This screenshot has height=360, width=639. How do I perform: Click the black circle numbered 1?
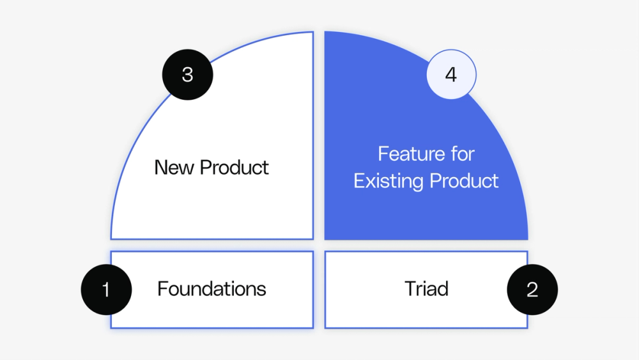(106, 289)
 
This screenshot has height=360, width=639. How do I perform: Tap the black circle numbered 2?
(532, 289)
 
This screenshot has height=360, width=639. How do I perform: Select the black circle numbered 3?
(187, 75)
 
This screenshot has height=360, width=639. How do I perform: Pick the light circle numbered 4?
(451, 75)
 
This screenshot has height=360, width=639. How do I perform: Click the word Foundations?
(212, 289)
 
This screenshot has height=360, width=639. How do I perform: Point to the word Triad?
(426, 289)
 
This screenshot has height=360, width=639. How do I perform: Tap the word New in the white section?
(174, 168)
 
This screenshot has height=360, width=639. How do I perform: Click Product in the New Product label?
(235, 168)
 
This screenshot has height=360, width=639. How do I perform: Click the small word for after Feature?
(462, 154)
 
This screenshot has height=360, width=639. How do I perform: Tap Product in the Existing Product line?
(464, 181)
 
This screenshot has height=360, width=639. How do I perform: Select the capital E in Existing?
(358, 181)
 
